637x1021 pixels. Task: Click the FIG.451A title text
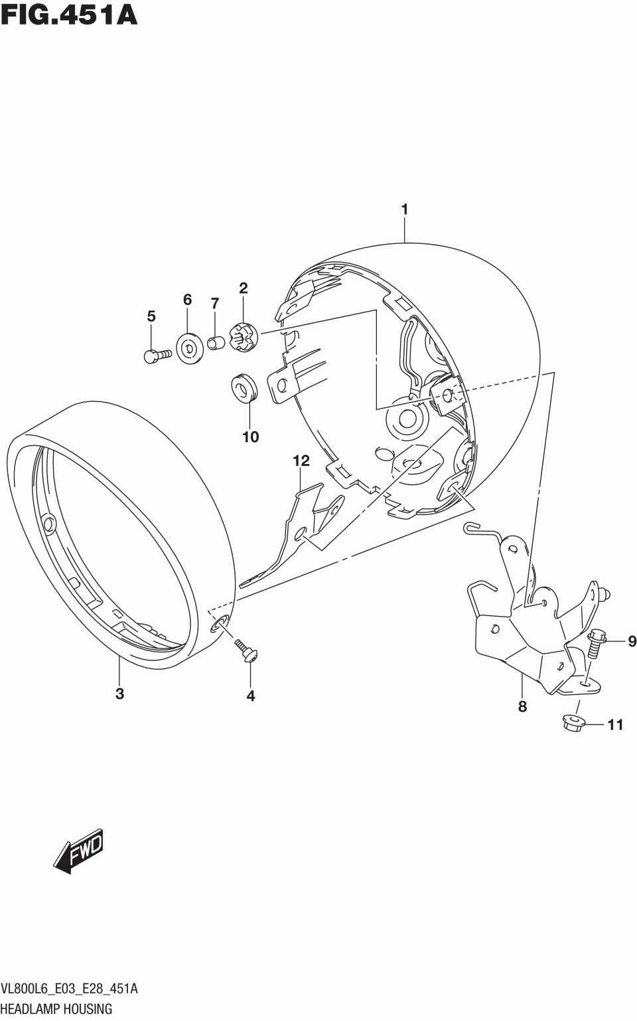pyautogui.click(x=69, y=14)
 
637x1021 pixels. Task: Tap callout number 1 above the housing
pyautogui.click(x=404, y=210)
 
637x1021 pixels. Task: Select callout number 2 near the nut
pyautogui.click(x=244, y=288)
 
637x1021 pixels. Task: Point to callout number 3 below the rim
pyautogui.click(x=119, y=694)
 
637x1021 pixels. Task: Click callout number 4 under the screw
pyautogui.click(x=251, y=696)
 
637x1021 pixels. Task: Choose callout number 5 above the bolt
pyautogui.click(x=151, y=316)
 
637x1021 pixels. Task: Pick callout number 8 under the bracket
pyautogui.click(x=522, y=707)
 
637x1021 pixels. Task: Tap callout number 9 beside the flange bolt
pyautogui.click(x=632, y=641)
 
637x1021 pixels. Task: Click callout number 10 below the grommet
pyautogui.click(x=251, y=437)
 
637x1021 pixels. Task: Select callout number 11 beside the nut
pyautogui.click(x=615, y=725)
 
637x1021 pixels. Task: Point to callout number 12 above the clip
pyautogui.click(x=301, y=461)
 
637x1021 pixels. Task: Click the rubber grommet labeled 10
pyautogui.click(x=244, y=390)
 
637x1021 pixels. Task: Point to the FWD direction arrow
pyautogui.click(x=78, y=849)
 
